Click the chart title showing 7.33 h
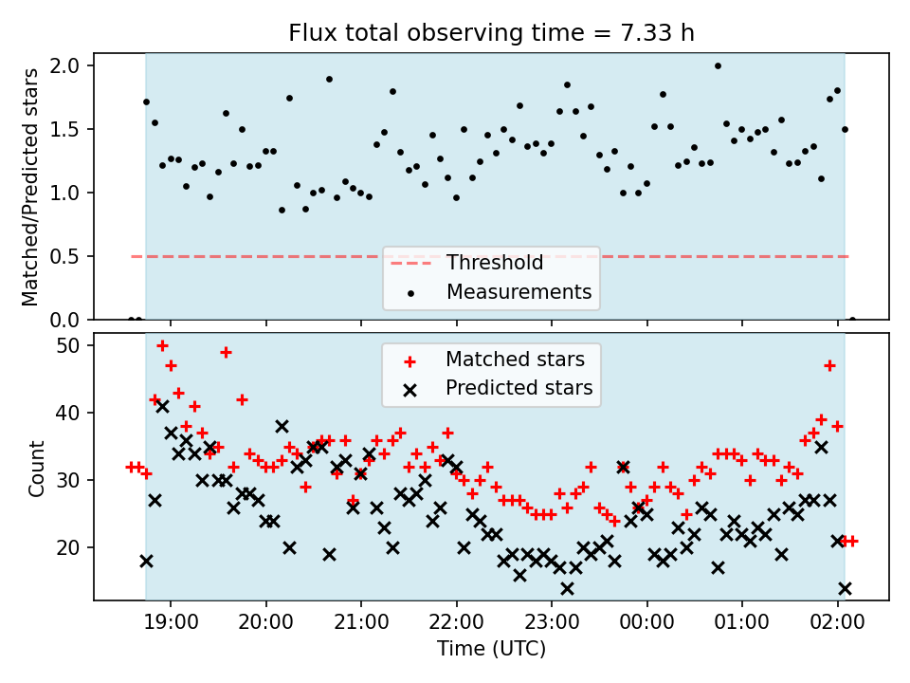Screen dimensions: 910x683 [x=491, y=33]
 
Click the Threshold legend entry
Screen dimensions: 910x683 [x=466, y=263]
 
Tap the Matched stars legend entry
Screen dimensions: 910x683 [x=497, y=360]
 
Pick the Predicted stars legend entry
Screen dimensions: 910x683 [x=499, y=388]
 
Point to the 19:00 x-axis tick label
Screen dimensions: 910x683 [x=171, y=622]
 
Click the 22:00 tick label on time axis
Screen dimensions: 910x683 [x=457, y=622]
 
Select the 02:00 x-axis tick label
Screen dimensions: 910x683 [x=837, y=622]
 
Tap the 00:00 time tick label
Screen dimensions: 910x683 [x=647, y=622]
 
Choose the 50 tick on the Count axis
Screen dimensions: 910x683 [x=67, y=345]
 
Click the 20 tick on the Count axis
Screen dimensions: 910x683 [x=67, y=547]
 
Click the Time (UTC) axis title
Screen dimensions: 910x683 [x=492, y=648]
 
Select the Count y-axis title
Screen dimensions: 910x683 [x=36, y=469]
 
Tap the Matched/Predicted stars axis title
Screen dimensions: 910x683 [x=30, y=187]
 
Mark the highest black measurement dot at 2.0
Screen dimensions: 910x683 [x=718, y=65]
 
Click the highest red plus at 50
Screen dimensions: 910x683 [x=162, y=346]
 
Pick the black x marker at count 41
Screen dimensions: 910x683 [x=162, y=406]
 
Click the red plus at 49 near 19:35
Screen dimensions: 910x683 [x=226, y=352]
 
